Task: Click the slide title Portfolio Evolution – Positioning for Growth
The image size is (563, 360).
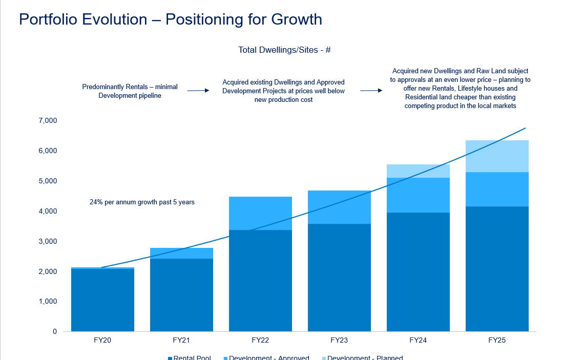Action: [x=170, y=19]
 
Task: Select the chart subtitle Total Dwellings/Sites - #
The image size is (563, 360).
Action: [x=284, y=50]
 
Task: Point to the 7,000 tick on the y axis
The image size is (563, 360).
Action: [x=47, y=121]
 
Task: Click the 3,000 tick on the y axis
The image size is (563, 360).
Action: [x=47, y=241]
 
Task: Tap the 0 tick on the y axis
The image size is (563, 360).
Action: [x=54, y=331]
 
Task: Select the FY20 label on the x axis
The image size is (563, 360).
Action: [x=102, y=340]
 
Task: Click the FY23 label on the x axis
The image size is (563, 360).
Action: [x=339, y=340]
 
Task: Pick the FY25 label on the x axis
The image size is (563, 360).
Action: [x=497, y=340]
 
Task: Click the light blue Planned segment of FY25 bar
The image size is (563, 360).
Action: [x=497, y=156]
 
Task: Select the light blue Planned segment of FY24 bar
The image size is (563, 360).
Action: [x=418, y=171]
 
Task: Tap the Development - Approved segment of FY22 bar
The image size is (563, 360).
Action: [x=260, y=213]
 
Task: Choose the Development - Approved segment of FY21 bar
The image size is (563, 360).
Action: [x=181, y=253]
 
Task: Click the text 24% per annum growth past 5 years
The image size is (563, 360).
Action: [x=142, y=202]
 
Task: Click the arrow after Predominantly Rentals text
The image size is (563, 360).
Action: [x=198, y=91]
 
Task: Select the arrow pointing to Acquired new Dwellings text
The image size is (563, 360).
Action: [x=371, y=91]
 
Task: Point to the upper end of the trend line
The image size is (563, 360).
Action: [x=525, y=128]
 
